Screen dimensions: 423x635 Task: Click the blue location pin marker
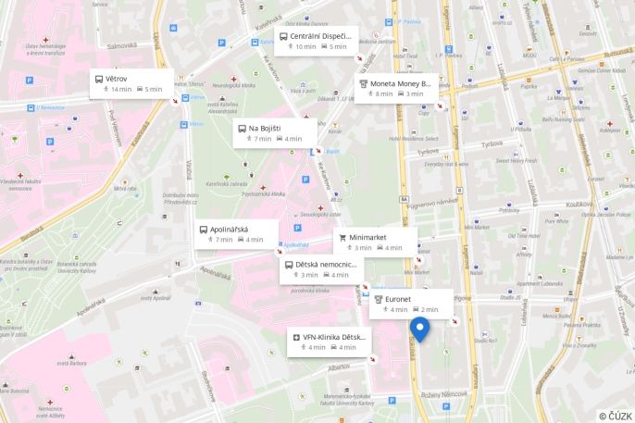(419, 329)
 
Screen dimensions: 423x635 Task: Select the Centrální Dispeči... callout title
(320, 36)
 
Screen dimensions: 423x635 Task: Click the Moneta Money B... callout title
(401, 83)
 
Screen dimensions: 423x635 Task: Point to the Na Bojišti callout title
(265, 128)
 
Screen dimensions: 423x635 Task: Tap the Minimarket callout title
(367, 237)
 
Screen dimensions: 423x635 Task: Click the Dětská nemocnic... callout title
(325, 264)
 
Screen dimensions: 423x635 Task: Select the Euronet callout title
(400, 299)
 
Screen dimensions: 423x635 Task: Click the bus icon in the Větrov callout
(98, 79)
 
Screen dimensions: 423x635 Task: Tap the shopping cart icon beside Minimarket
(342, 237)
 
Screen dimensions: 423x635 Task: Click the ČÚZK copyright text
(615, 416)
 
